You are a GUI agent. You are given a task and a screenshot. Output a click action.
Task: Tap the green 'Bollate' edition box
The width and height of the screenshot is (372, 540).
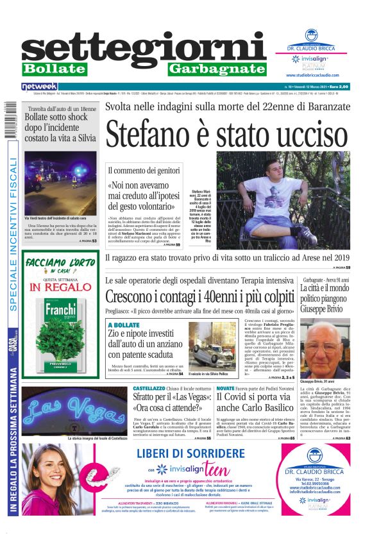coord(55,69)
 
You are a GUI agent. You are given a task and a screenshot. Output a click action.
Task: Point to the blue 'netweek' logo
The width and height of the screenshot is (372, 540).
coord(40,86)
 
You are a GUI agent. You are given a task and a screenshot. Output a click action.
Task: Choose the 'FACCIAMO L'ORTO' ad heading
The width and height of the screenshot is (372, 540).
coord(60,263)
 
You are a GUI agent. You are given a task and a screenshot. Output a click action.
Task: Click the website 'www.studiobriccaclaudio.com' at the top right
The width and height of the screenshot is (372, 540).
coord(316,75)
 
